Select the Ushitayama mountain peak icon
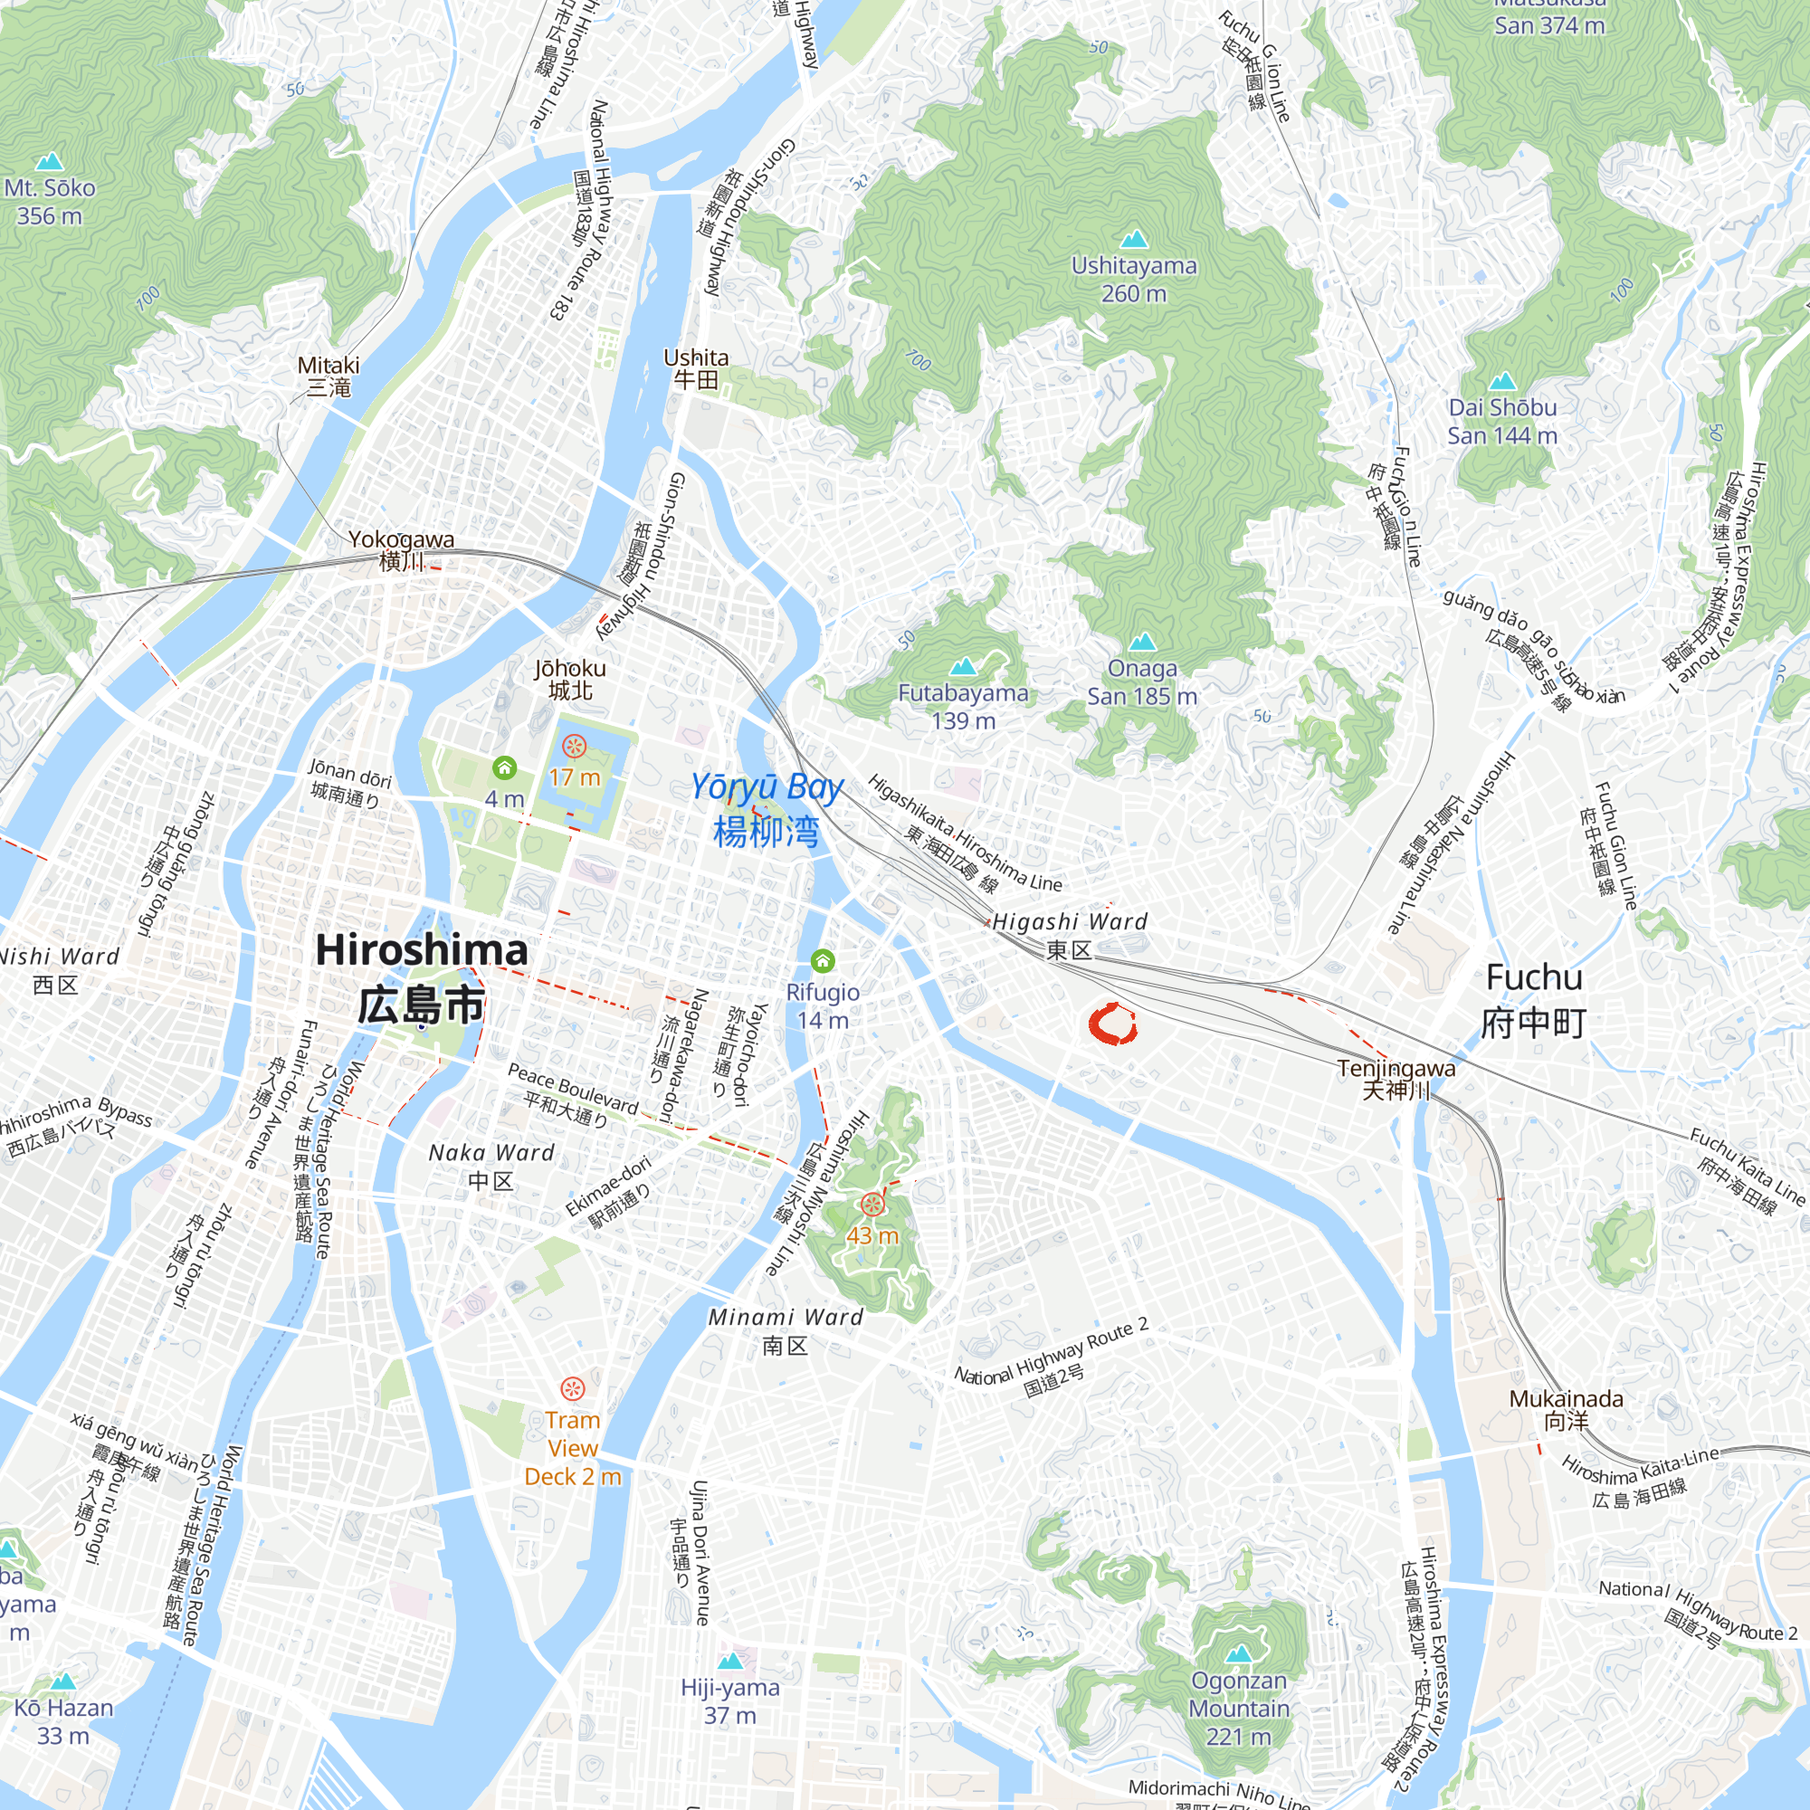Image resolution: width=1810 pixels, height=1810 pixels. [x=1134, y=238]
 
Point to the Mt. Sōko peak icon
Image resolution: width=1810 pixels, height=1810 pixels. [x=50, y=161]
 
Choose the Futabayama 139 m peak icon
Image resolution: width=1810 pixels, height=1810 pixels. [x=963, y=666]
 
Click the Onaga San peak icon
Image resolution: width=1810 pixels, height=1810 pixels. [x=1141, y=642]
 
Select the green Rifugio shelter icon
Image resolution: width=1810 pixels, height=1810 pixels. [x=823, y=960]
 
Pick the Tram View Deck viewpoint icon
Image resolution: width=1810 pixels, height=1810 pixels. [x=573, y=1387]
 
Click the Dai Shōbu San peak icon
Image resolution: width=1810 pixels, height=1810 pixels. [x=1501, y=381]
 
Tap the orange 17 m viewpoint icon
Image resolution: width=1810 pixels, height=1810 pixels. [x=575, y=747]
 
